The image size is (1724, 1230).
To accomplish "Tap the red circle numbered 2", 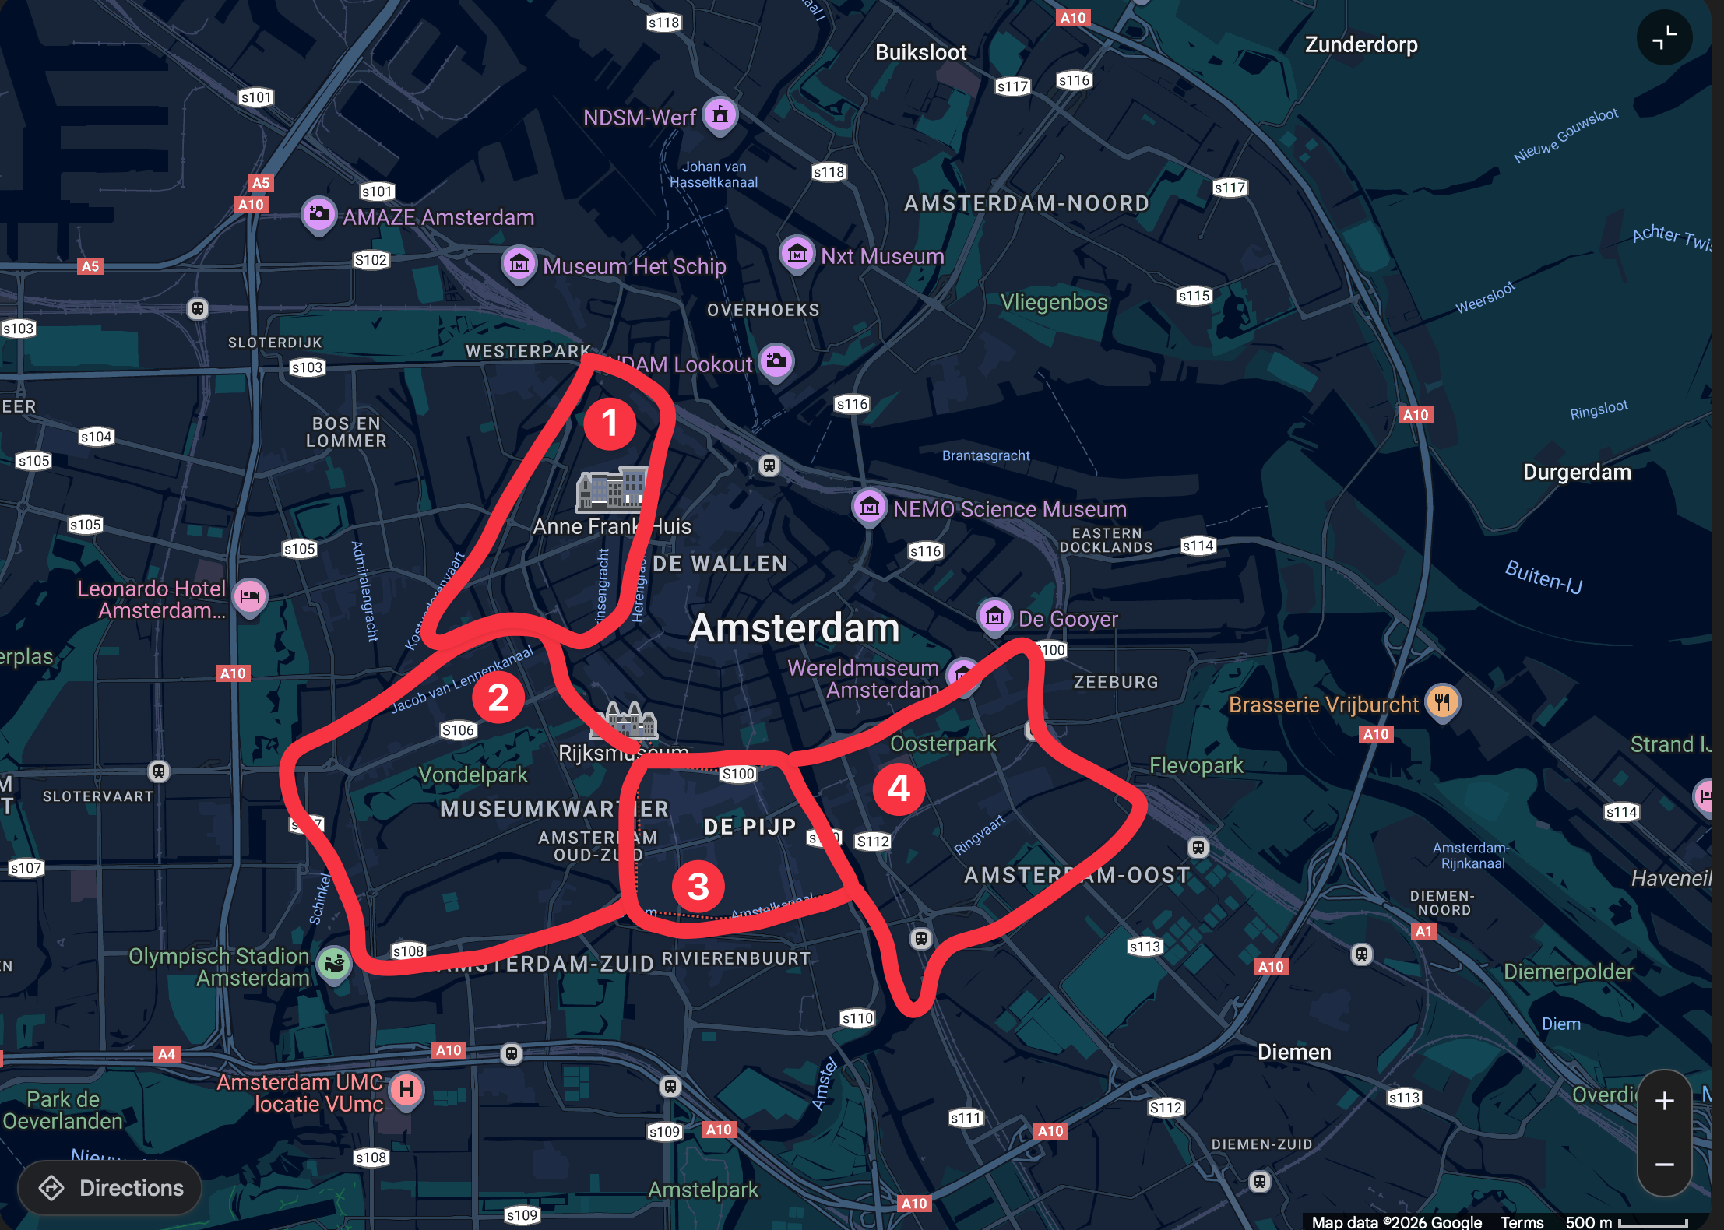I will coord(498,698).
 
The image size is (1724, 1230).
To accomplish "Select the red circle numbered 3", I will coord(698,886).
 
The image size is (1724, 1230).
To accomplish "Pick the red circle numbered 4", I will coord(899,789).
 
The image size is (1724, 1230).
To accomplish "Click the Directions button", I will coord(110,1188).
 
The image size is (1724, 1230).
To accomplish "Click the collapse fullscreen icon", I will coord(1664,37).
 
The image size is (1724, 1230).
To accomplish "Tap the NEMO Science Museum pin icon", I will coord(870,507).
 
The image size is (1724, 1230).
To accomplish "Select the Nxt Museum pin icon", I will coord(797,254).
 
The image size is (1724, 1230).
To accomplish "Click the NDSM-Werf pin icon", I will coord(720,115).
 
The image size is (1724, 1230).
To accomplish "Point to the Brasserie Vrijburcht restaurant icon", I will coord(1442,702).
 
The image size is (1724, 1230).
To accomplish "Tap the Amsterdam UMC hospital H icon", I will coord(406,1089).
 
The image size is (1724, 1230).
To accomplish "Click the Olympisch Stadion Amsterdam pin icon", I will coord(335,965).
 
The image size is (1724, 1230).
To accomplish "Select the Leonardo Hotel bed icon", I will coord(250,596).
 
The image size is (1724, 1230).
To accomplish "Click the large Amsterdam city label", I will coord(794,627).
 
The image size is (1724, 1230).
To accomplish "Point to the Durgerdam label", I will coord(1577,472).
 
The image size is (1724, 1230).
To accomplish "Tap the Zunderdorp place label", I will coord(1361,44).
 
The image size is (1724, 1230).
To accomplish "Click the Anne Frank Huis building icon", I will coord(613,489).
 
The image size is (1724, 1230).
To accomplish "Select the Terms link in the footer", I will coord(1522,1222).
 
